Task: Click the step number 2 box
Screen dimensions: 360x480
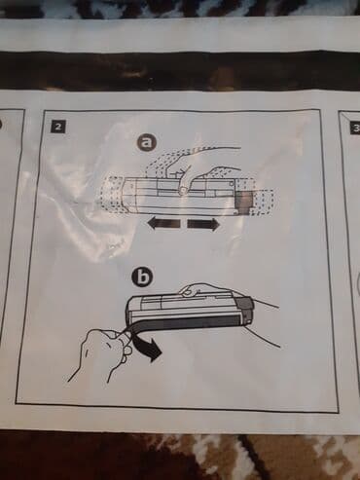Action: pos(58,127)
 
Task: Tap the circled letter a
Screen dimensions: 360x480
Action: pos(147,143)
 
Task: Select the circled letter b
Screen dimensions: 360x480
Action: pos(141,277)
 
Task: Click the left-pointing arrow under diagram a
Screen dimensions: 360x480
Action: pos(162,224)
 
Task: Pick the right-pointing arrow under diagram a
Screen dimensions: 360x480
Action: pos(203,224)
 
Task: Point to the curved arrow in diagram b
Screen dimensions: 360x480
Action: pos(149,348)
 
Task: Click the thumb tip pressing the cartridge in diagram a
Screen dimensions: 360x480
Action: pos(183,191)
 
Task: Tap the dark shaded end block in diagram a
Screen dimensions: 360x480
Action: pos(243,202)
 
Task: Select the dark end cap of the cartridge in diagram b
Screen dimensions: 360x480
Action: pos(246,311)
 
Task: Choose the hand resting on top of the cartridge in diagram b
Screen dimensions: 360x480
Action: pos(194,289)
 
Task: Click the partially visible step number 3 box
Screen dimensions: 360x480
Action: pos(355,129)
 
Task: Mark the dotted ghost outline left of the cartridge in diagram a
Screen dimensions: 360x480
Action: pos(113,195)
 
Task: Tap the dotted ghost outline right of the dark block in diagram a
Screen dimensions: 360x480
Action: pos(264,202)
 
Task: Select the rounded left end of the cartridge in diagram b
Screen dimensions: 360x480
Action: pos(131,309)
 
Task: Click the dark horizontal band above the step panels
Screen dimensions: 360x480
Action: pos(180,71)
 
